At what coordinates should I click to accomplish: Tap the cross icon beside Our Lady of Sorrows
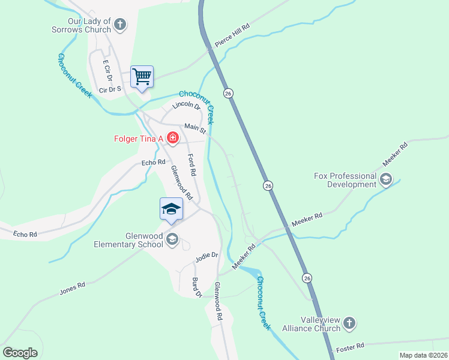120,25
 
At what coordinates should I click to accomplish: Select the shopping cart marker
142,77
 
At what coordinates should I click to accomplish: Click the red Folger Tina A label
139,139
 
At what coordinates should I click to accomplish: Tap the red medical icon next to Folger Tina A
173,139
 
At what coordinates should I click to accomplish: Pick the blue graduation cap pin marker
171,209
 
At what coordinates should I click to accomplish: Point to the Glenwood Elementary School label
128,240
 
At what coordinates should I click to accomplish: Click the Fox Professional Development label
345,180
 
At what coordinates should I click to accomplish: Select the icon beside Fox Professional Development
385,179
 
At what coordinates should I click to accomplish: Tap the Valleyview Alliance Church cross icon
349,324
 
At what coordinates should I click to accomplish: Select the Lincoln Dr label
185,106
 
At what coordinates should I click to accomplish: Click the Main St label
195,128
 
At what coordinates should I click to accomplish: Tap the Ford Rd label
191,165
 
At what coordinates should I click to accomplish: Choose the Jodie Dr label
206,257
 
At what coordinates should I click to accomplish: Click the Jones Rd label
73,289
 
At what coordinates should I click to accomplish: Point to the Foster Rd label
351,347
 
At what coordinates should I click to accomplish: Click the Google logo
20,353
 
